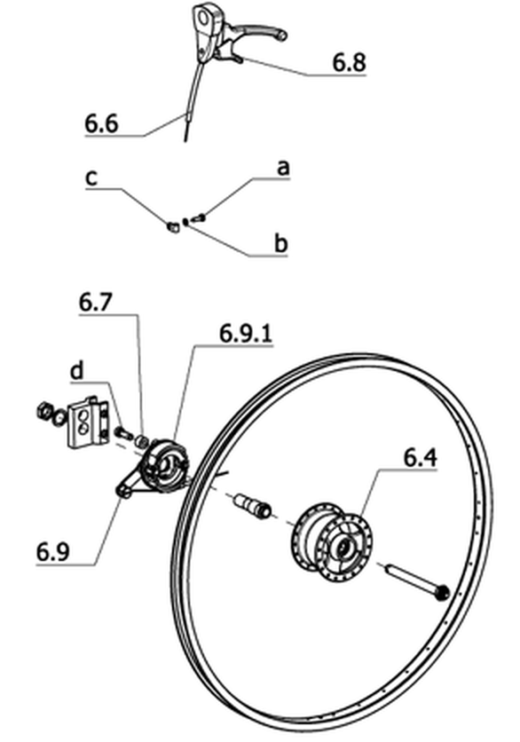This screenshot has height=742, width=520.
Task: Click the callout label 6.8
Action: coord(350,62)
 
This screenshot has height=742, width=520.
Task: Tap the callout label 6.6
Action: coord(102,124)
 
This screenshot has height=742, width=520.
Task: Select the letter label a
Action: coord(282,168)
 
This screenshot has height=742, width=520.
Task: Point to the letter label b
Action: coord(281,243)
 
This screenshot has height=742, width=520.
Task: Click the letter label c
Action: coord(91,178)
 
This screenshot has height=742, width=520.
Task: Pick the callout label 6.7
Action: coord(96,303)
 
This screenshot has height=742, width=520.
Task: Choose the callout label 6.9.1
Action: coord(246,334)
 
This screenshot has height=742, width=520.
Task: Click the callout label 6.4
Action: coord(420,458)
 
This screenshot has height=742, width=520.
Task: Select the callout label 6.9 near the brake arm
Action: coord(53,552)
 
